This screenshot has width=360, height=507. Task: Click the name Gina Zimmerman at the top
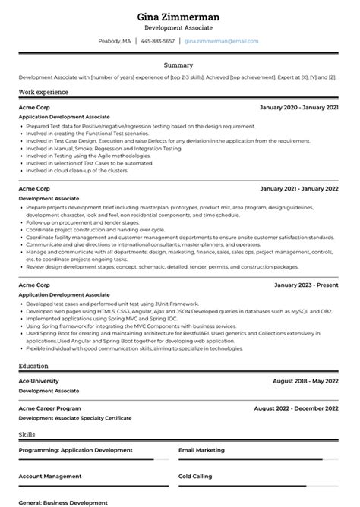coord(180,16)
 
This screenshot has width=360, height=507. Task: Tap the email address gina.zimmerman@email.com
coord(221,41)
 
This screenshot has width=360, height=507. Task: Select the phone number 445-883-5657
coord(157,41)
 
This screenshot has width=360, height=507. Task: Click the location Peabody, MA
coord(115,41)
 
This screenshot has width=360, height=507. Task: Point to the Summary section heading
coord(180,65)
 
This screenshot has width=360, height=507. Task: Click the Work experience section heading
coord(43,92)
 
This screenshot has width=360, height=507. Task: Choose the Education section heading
coord(34,366)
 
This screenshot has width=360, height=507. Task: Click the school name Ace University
coord(39,381)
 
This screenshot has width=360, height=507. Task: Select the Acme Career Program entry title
coord(51,408)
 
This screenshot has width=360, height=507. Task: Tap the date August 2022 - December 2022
coord(296,408)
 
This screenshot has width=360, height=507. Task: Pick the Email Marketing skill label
coord(201,450)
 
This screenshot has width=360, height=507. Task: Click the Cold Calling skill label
coord(195,477)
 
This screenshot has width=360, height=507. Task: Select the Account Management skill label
coord(50,477)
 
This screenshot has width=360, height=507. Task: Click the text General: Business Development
coord(63,502)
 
